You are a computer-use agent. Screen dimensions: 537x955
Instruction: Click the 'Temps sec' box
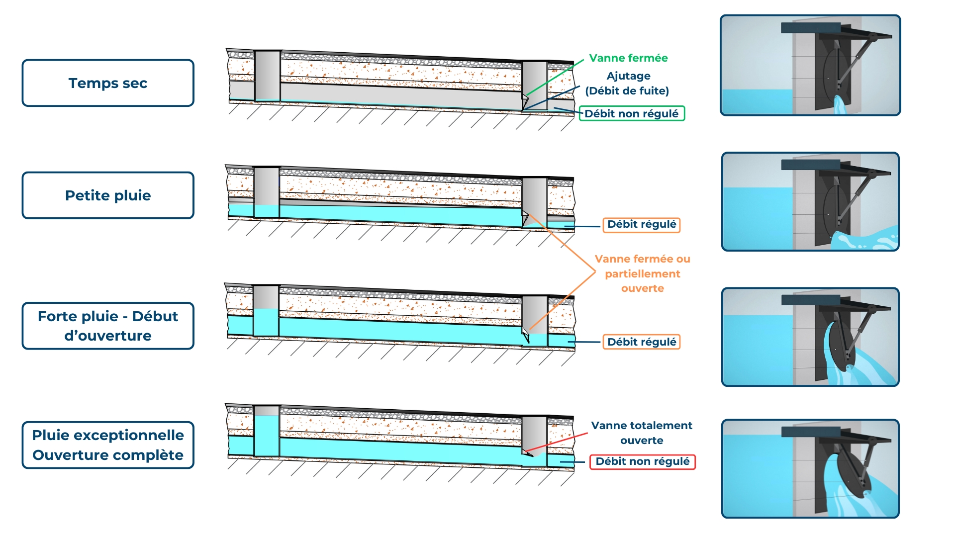click(108, 83)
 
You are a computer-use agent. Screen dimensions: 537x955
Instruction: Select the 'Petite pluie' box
click(108, 195)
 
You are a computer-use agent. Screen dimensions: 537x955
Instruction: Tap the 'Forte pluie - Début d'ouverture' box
click(108, 326)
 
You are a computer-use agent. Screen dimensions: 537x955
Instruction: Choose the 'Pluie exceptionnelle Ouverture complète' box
click(108, 445)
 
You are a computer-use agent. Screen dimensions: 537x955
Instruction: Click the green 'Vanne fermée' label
click(628, 58)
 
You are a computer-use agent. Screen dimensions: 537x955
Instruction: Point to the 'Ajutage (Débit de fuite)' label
click(627, 84)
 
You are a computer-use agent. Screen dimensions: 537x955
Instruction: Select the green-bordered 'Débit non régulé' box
click(631, 114)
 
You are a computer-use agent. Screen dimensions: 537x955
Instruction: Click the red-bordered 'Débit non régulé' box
click(642, 461)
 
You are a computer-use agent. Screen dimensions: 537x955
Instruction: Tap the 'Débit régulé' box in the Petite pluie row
click(641, 225)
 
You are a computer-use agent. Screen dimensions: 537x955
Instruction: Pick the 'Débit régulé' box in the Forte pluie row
click(641, 342)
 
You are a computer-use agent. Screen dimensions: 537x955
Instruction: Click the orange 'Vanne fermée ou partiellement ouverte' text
click(642, 273)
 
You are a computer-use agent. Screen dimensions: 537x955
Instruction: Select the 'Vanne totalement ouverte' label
click(642, 433)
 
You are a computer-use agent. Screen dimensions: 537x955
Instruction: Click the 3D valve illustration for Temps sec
click(810, 65)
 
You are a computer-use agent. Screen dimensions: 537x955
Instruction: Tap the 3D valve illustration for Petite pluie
click(810, 201)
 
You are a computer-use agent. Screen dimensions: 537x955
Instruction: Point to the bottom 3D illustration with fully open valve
click(810, 468)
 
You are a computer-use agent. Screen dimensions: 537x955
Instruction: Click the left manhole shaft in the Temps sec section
click(267, 76)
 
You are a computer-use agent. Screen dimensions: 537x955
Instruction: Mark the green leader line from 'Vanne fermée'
click(555, 77)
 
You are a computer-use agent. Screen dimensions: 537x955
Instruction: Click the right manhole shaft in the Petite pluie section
click(535, 199)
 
